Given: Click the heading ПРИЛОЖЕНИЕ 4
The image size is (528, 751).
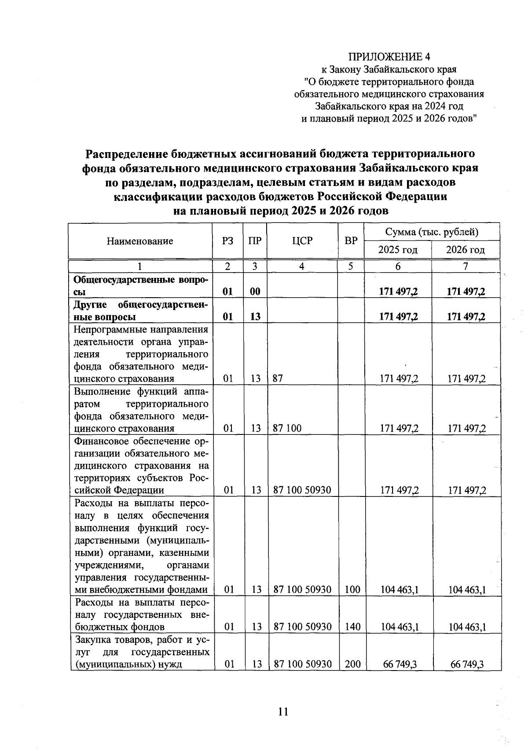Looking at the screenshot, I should [x=389, y=57].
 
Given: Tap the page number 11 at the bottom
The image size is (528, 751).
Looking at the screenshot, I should [x=283, y=711].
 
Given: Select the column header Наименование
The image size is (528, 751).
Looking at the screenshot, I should [x=140, y=241].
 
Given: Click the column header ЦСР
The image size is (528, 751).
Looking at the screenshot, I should [x=302, y=241].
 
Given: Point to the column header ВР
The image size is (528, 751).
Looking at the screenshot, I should [x=351, y=241].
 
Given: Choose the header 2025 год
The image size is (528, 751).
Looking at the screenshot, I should [x=398, y=250].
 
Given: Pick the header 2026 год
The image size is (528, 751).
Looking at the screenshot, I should [x=466, y=250].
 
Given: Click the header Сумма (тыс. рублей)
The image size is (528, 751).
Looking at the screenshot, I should [x=432, y=232].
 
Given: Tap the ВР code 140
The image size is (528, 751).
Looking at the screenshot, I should [x=352, y=626].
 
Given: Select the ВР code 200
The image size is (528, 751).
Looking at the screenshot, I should [x=352, y=664].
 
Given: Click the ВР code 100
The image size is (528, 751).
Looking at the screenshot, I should [x=352, y=589].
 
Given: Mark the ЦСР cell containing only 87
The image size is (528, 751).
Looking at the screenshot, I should [x=278, y=379].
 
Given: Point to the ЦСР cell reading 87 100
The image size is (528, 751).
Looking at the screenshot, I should [x=287, y=428].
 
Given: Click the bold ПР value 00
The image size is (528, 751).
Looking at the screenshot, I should [x=256, y=292].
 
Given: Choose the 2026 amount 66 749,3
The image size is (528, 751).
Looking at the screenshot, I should [x=467, y=664].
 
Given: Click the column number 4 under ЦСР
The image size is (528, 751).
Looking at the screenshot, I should [x=302, y=266].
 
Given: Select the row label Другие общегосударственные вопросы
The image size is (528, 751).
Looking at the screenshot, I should [x=141, y=310].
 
